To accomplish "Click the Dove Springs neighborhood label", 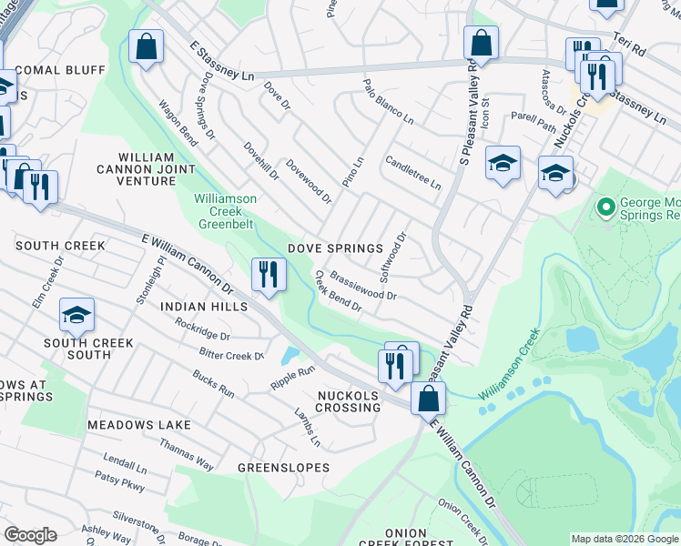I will click(x=335, y=248).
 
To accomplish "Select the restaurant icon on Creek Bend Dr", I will click(x=269, y=275).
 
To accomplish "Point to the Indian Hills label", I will click(x=204, y=308).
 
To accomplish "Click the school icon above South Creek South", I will click(x=77, y=315).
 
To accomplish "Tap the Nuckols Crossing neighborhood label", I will click(x=349, y=401).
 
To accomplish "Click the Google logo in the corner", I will click(x=30, y=535).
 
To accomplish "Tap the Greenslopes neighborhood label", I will click(x=283, y=468).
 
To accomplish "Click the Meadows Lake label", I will click(x=139, y=425).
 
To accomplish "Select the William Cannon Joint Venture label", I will click(x=146, y=169).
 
